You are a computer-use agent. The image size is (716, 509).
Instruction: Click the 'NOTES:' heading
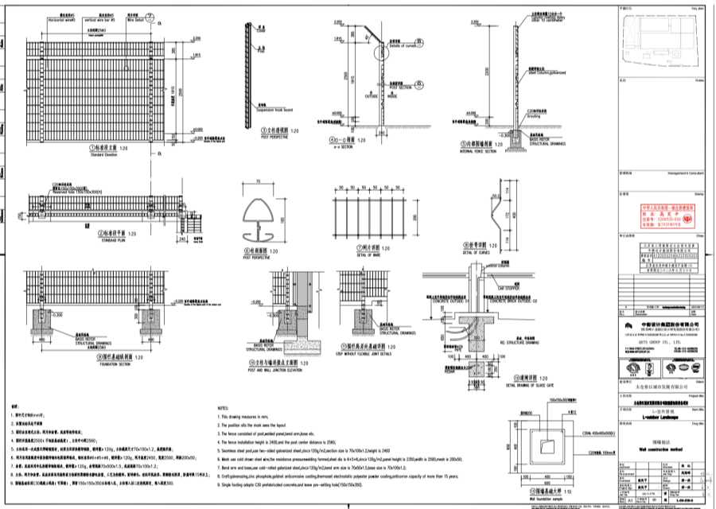[x=224, y=406]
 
